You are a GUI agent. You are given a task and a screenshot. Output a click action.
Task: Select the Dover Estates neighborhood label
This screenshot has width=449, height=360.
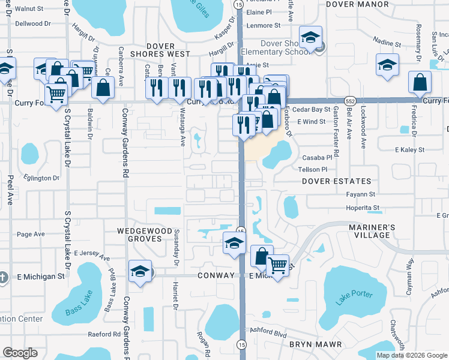click(336, 181)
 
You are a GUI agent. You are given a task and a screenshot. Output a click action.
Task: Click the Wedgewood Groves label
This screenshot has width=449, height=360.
click(132, 234)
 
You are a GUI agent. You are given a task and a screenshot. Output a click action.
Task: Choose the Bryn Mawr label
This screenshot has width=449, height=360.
click(316, 344)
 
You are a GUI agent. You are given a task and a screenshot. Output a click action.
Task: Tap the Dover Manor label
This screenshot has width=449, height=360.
click(357, 4)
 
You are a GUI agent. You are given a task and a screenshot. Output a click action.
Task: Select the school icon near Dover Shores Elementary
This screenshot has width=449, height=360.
click(311, 38)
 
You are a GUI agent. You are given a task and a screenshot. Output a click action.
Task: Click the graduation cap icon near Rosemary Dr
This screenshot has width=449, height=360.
click(388, 64)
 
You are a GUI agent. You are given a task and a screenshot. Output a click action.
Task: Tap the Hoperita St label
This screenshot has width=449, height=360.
click(363, 208)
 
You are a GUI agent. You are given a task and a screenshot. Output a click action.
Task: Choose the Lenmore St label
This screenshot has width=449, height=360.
click(264, 26)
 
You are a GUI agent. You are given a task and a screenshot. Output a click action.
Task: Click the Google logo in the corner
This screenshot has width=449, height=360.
click(20, 353)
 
